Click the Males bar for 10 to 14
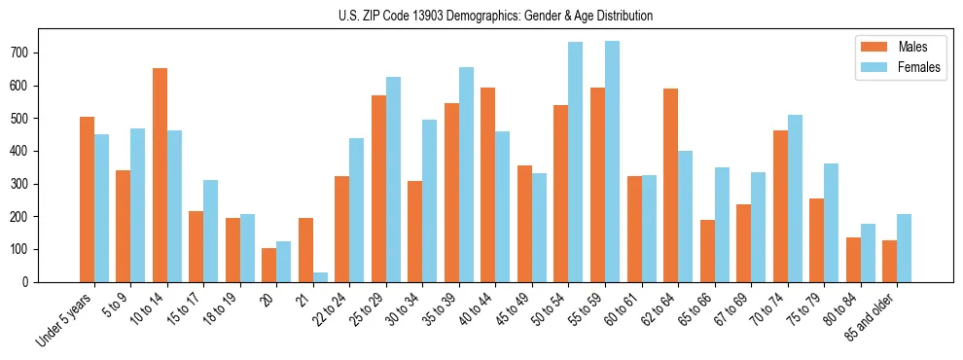(x=160, y=175)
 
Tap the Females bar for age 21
(x=320, y=276)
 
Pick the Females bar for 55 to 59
(x=612, y=162)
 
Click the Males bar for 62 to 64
(x=670, y=185)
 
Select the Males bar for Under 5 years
(x=87, y=199)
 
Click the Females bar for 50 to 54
(x=576, y=162)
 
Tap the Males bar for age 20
(x=269, y=265)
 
